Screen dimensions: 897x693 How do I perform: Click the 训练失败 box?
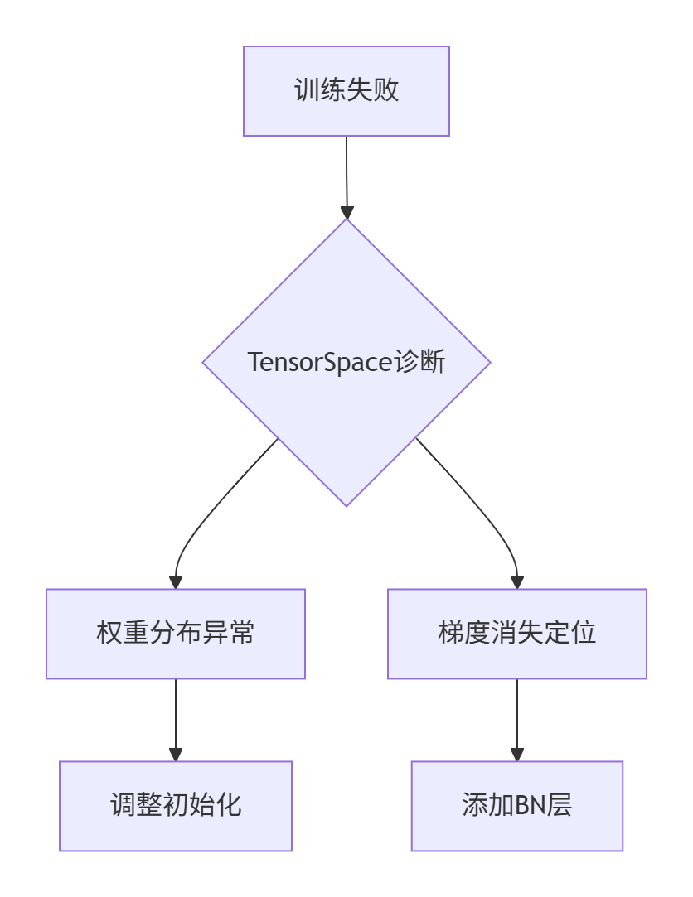(346, 91)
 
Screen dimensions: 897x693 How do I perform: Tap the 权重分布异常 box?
(176, 634)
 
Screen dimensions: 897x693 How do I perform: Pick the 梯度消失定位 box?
(517, 634)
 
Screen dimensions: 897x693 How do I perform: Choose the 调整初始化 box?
(176, 806)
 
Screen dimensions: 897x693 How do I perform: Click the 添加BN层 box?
(517, 806)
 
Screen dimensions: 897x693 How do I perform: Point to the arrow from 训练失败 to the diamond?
(346, 174)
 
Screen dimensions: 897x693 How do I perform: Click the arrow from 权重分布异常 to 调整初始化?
(176, 716)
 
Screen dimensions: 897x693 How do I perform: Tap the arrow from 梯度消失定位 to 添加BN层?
(517, 716)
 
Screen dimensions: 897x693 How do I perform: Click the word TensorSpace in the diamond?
(314, 363)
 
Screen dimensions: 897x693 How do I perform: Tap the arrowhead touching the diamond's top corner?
(346, 211)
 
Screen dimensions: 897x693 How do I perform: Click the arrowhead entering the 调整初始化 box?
(176, 754)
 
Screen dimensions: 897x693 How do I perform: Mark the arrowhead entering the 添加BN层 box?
(517, 754)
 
